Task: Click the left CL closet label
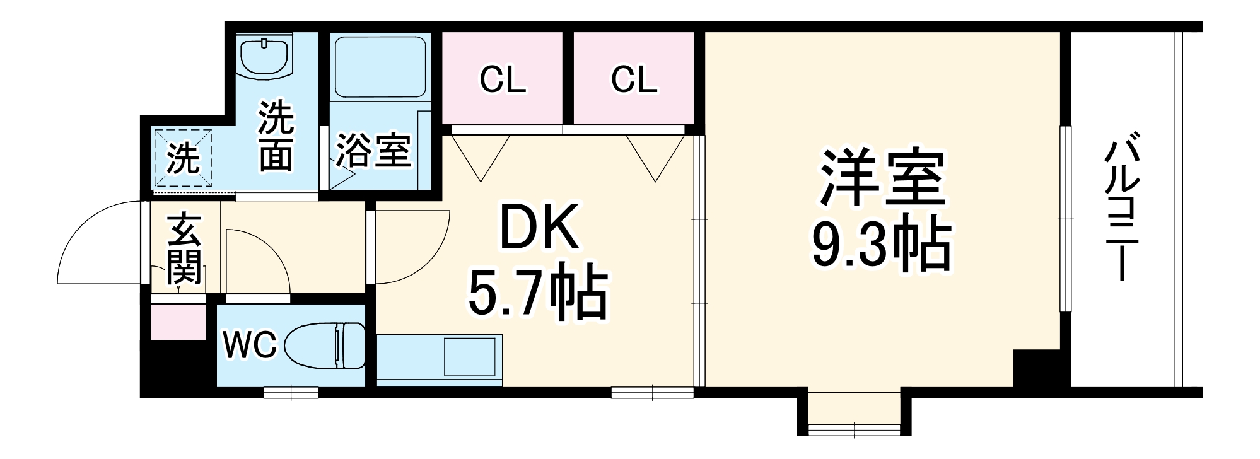(x=503, y=80)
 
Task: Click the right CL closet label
(x=634, y=80)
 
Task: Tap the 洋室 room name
(x=882, y=178)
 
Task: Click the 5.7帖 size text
(x=537, y=295)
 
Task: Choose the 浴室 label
(x=373, y=151)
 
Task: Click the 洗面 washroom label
(x=276, y=137)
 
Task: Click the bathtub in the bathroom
(x=380, y=66)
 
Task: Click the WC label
(x=250, y=346)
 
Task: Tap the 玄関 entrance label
(x=185, y=248)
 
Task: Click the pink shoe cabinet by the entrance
(x=178, y=322)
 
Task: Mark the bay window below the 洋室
(x=854, y=416)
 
